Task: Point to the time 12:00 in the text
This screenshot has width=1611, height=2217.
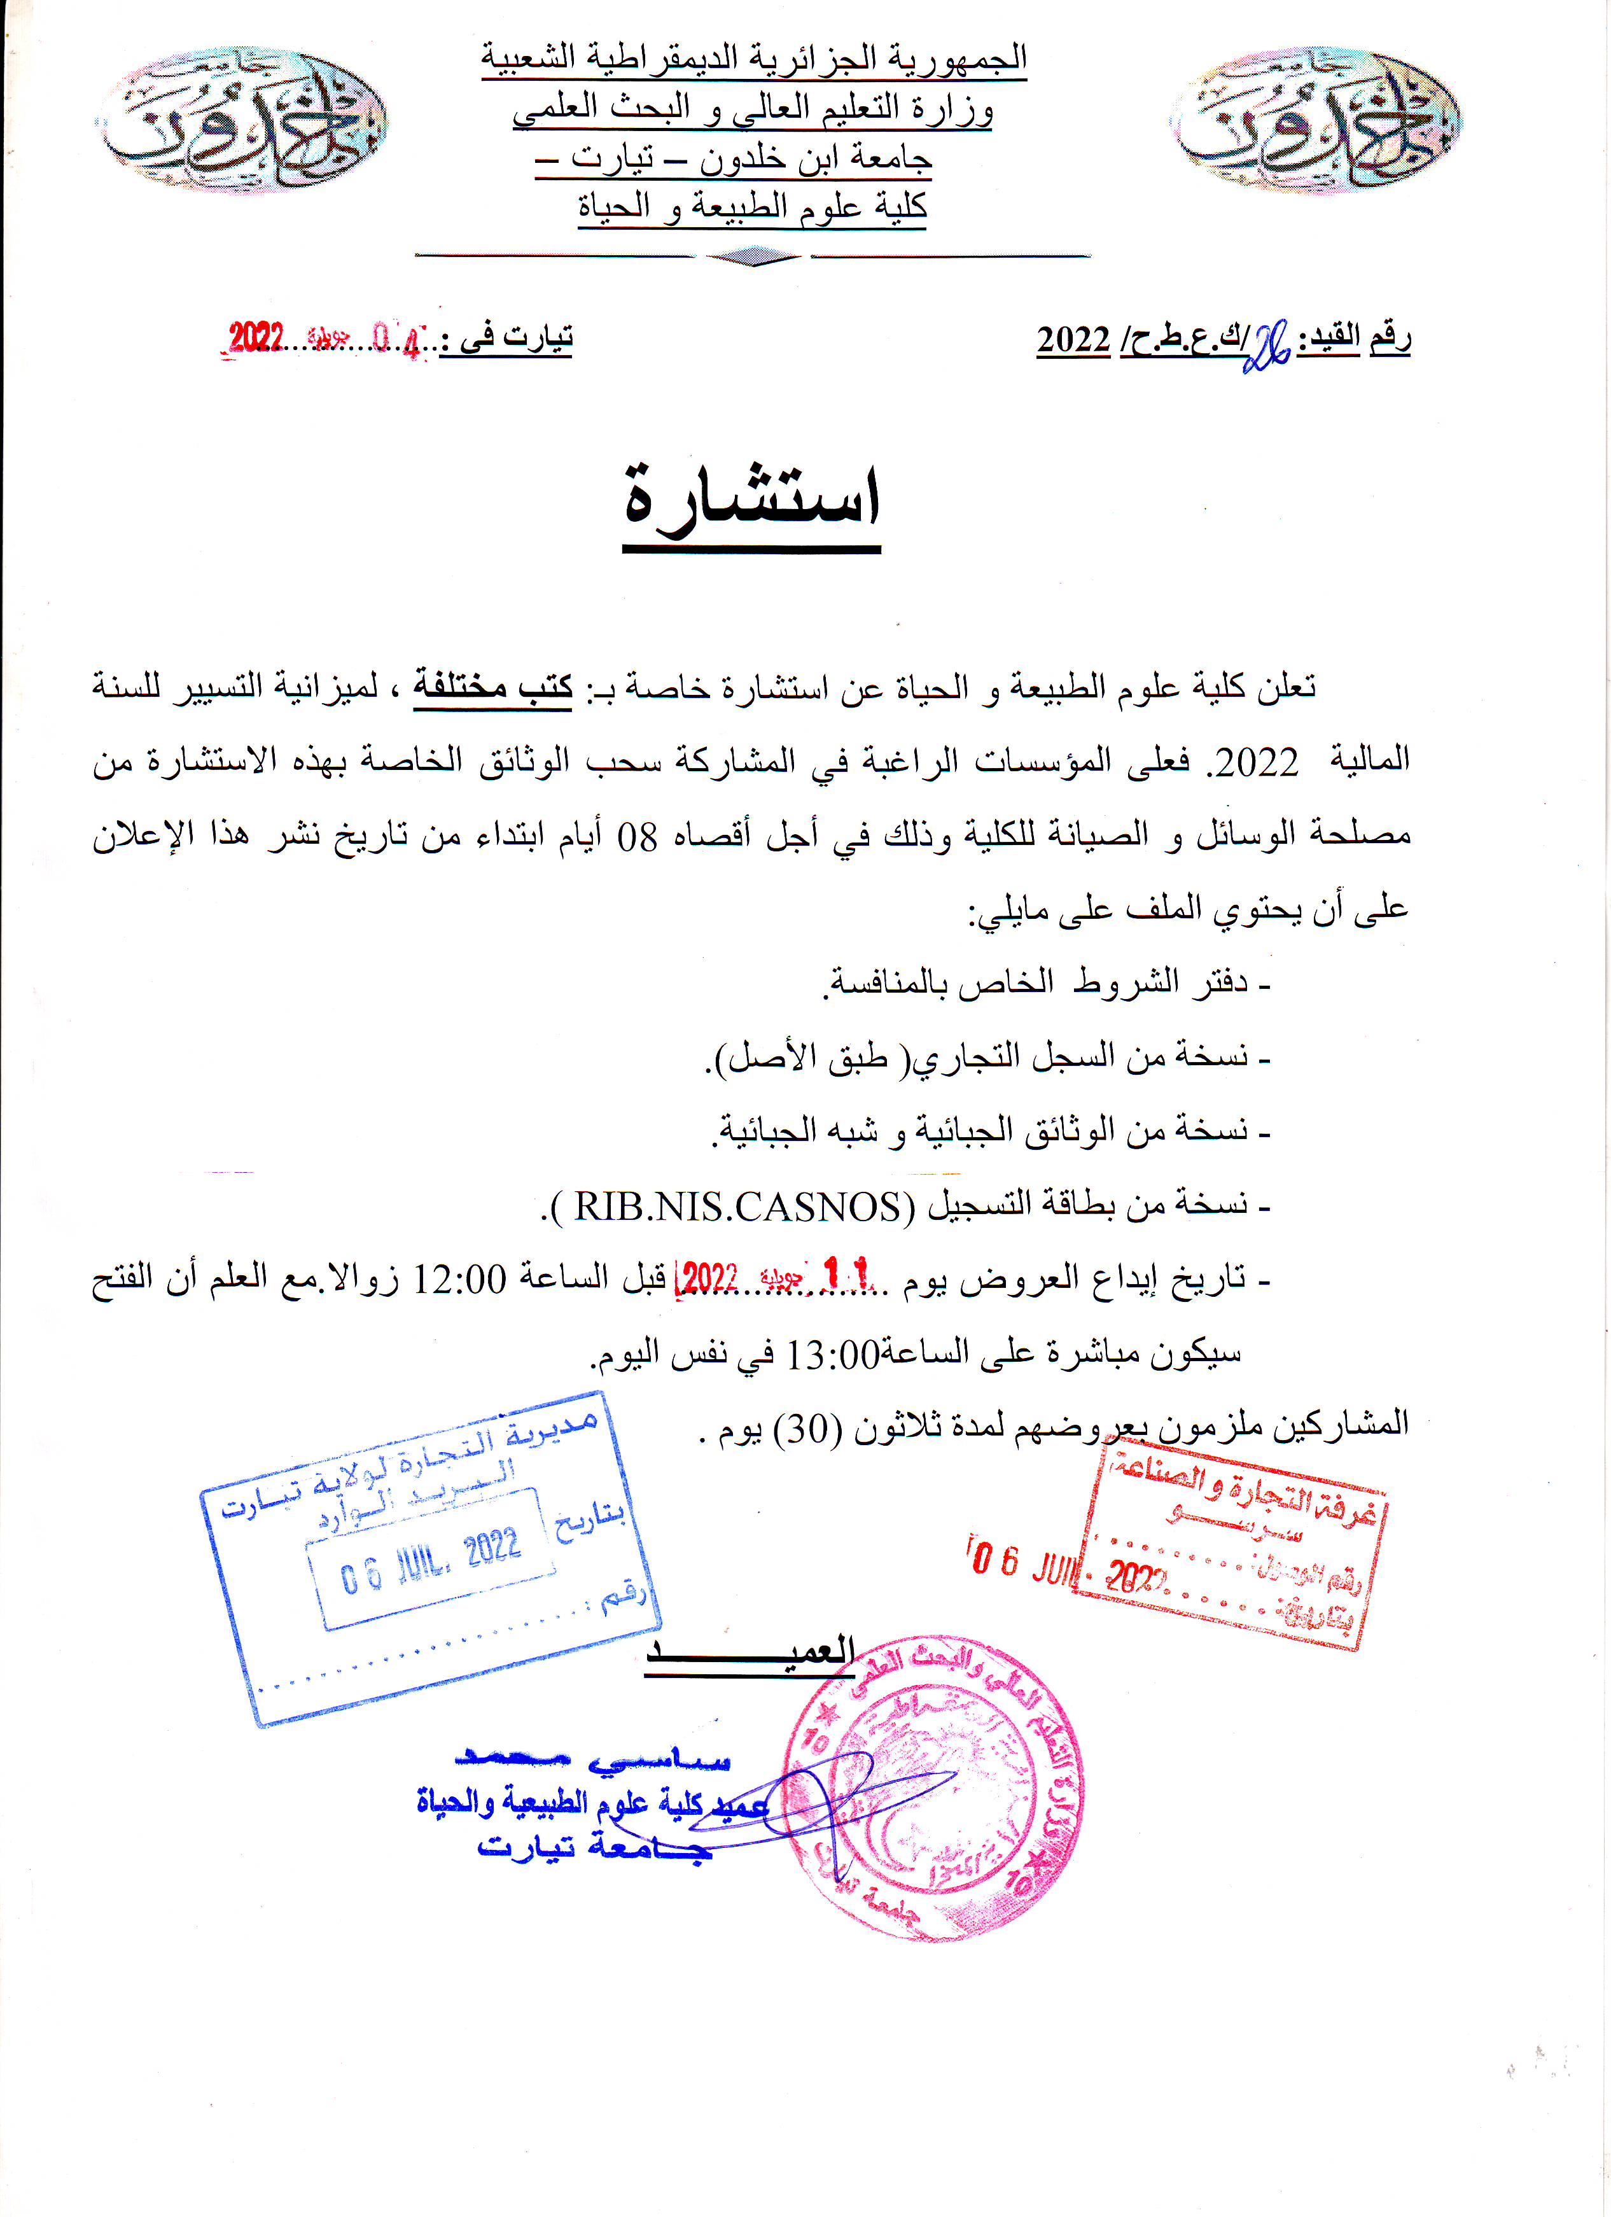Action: pos(459,1280)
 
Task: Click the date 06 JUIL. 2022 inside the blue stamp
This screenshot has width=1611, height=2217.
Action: pos(430,1561)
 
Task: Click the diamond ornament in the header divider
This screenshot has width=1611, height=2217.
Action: pos(753,257)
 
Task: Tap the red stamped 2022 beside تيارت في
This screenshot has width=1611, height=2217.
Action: pos(256,339)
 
